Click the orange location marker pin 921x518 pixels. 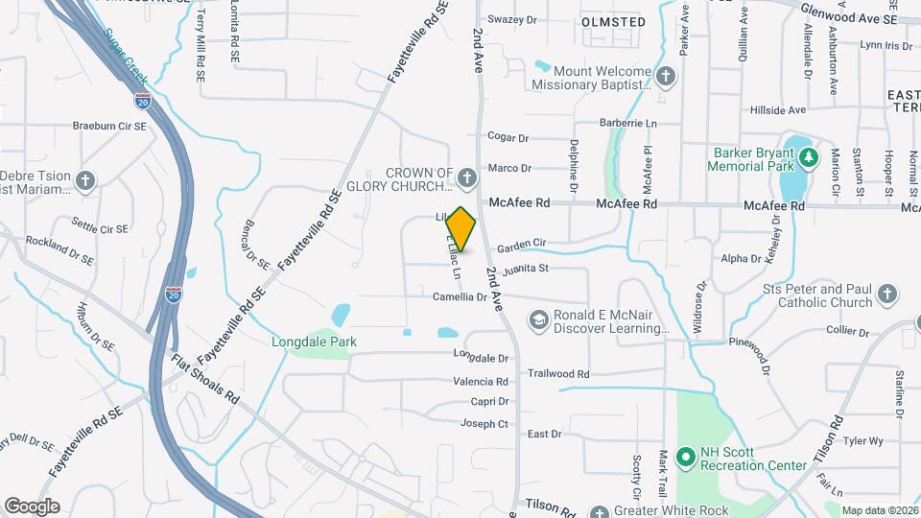[x=461, y=229]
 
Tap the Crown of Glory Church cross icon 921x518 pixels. [x=466, y=177]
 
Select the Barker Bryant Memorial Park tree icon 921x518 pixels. [x=808, y=157]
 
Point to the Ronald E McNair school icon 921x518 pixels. [x=539, y=318]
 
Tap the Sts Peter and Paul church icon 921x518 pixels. [x=887, y=294]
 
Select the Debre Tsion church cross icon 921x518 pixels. [x=86, y=180]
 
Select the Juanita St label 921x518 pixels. [x=523, y=269]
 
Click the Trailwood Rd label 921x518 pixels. [x=557, y=374]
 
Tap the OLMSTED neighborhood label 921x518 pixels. [x=613, y=21]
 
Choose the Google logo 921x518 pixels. [x=32, y=506]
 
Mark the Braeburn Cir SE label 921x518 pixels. [x=109, y=126]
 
